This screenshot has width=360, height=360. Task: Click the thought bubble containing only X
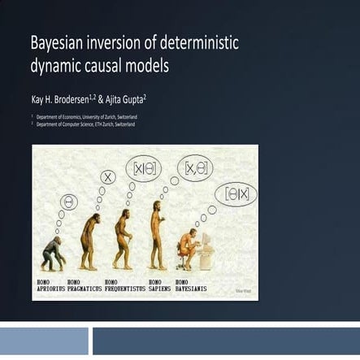tap(107, 177)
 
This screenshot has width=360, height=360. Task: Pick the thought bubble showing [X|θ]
tap(143, 169)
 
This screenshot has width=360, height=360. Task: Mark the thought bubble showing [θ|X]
tap(235, 193)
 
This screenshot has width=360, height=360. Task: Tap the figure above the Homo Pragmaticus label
tap(89, 241)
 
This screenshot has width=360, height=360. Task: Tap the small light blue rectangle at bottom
tap(44, 341)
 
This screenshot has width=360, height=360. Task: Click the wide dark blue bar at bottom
tap(226, 341)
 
